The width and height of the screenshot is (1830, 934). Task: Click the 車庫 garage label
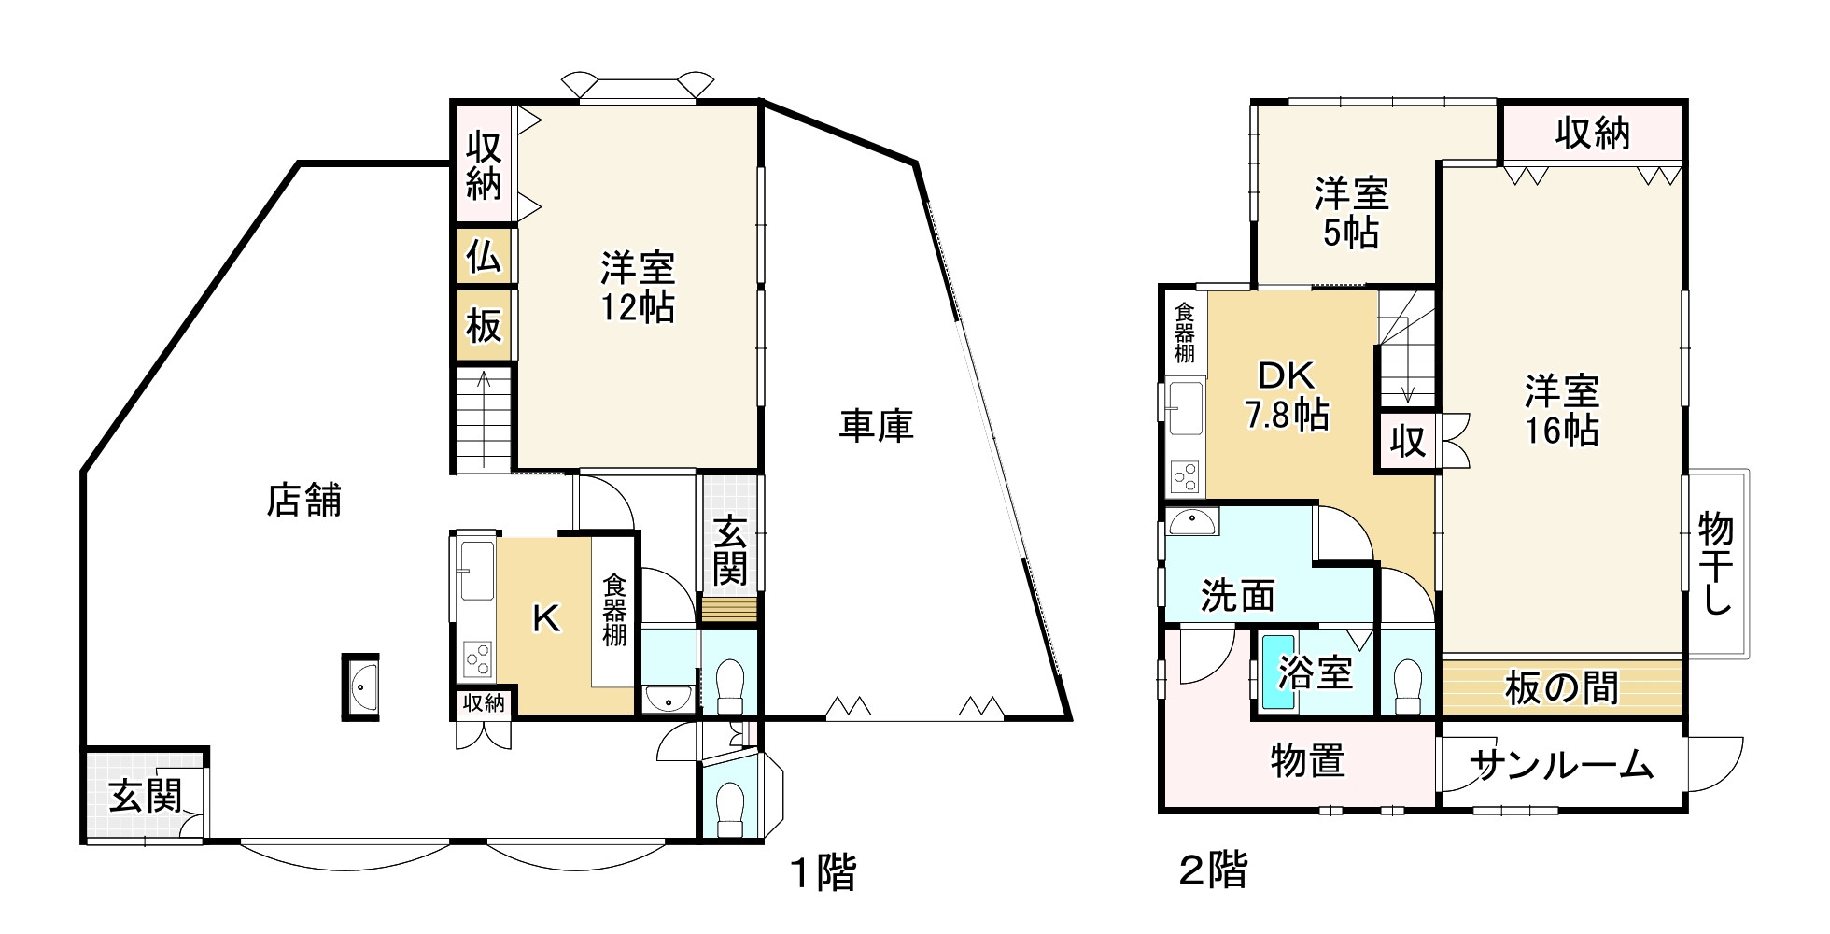point(875,427)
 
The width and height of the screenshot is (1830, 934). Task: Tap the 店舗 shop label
point(304,500)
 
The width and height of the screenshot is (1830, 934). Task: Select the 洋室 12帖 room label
point(638,288)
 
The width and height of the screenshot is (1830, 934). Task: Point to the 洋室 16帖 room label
point(1562,411)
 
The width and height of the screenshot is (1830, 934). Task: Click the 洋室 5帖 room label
point(1351,213)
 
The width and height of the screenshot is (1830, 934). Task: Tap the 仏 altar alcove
point(484,255)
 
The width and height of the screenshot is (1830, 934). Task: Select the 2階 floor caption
point(1213,871)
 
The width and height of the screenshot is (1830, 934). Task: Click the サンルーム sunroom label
point(1561,766)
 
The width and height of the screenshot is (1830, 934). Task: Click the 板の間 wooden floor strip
point(1561,688)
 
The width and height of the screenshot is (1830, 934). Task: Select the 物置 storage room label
point(1307,761)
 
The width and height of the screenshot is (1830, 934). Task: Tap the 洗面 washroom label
point(1238,595)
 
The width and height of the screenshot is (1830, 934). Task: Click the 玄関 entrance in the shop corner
point(145,796)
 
